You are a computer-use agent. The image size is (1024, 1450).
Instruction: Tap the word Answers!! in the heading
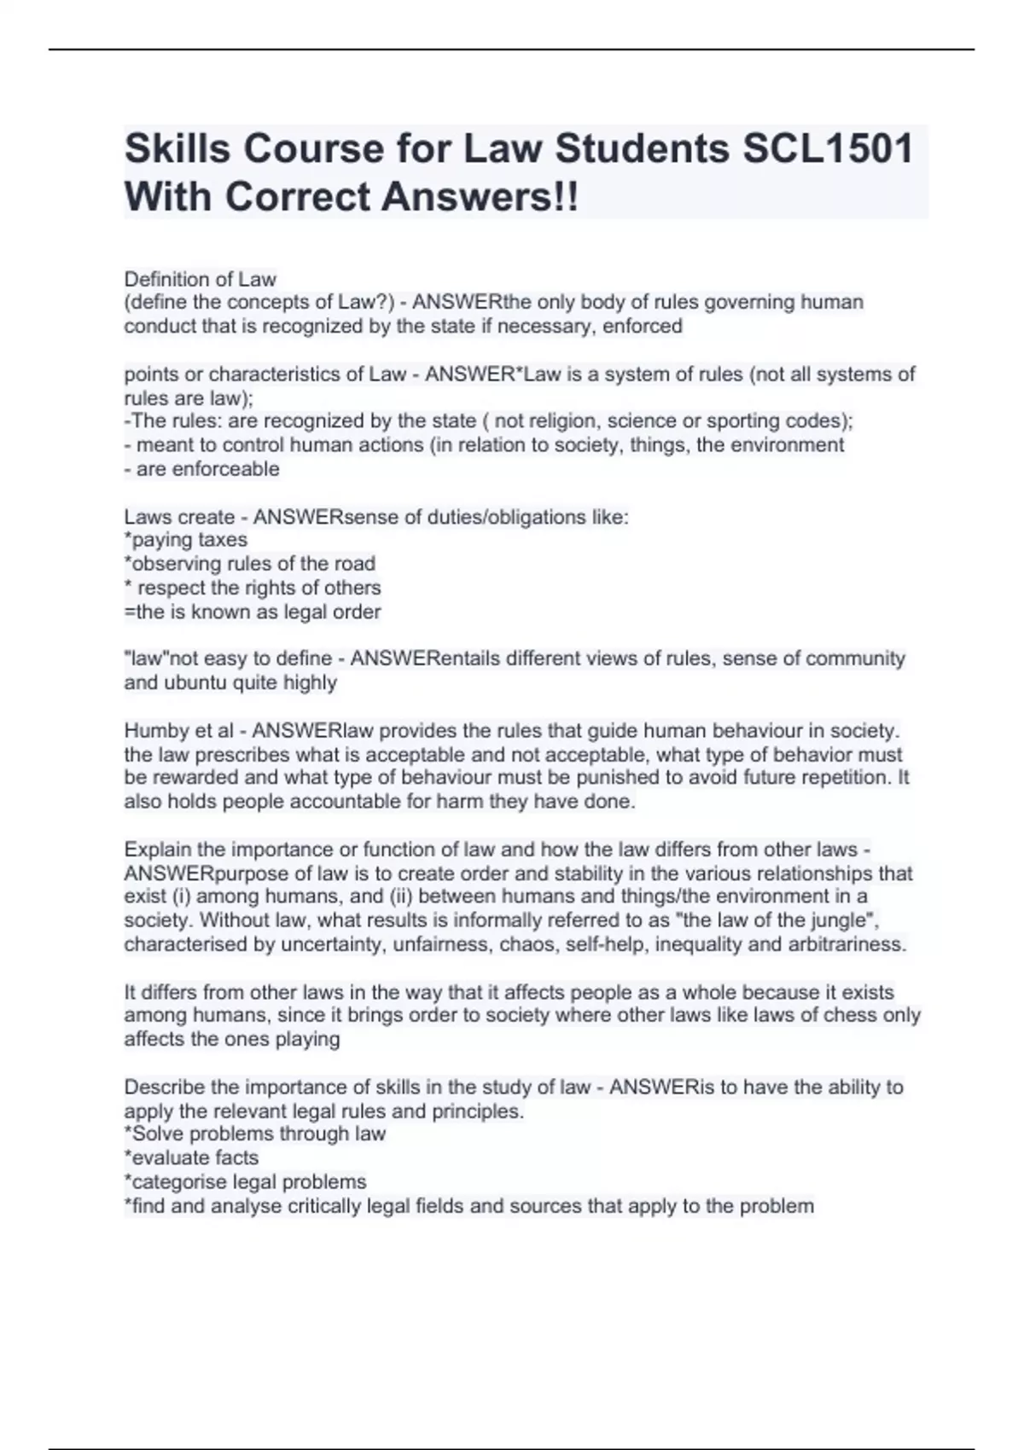click(x=480, y=197)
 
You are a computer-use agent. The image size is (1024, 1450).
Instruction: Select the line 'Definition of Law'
click(x=200, y=279)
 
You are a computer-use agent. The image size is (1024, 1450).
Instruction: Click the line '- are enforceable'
click(x=201, y=468)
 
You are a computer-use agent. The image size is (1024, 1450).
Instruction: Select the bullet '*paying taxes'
click(x=186, y=540)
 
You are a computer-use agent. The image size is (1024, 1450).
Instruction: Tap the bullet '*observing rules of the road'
click(x=249, y=564)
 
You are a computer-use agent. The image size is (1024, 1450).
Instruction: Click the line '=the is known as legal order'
click(x=253, y=612)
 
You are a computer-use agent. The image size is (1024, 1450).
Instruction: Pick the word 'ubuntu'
click(x=193, y=682)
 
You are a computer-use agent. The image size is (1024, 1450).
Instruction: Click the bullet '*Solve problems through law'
click(x=254, y=1134)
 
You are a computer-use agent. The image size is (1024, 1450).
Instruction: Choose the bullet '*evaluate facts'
click(x=191, y=1157)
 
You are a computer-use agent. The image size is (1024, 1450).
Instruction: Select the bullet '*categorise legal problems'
click(x=245, y=1181)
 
